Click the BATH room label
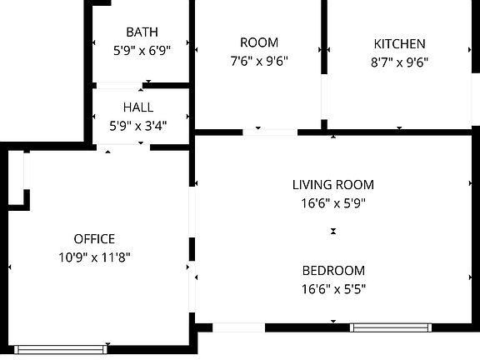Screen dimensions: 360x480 pos(142,32)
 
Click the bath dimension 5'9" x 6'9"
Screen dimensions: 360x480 pos(142,50)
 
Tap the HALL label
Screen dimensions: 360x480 pos(137,107)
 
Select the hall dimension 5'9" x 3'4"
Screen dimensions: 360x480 pos(137,127)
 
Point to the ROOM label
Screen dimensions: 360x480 pos(258,42)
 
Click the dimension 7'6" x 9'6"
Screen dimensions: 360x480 pos(258,61)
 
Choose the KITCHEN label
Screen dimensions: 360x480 pos(399,44)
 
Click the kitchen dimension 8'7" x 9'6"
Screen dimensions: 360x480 pos(399,62)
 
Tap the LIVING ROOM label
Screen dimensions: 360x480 pos(332,185)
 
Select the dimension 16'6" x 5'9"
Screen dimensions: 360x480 pos(332,202)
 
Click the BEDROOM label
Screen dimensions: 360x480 pos(332,271)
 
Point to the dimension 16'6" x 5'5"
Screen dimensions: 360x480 pos(332,288)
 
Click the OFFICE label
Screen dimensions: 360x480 pos(94,239)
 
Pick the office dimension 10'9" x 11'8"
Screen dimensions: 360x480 pos(94,257)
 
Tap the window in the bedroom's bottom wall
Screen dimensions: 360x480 pos(390,327)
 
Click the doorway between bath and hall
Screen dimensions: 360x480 pos(119,85)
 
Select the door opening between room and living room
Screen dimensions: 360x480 pos(270,132)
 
